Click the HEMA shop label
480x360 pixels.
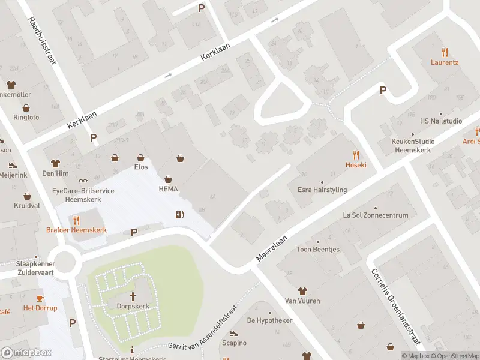point(169,189)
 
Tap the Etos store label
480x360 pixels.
point(141,167)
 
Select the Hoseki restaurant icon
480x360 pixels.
point(356,154)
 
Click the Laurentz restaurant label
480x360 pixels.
point(445,62)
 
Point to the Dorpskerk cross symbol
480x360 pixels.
point(133,296)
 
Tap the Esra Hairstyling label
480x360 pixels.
point(322,190)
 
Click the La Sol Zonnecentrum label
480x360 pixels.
point(376,215)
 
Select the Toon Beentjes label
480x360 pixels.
point(317,250)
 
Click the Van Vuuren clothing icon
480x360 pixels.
point(302,290)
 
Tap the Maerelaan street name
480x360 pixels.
point(272,247)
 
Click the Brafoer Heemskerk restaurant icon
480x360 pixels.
point(76,220)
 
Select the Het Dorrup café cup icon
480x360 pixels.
point(40,298)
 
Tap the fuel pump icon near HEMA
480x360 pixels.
point(178,215)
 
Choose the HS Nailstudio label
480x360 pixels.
point(441,121)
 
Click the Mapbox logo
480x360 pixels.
point(26,352)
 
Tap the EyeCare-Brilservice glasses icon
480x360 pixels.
point(83,181)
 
